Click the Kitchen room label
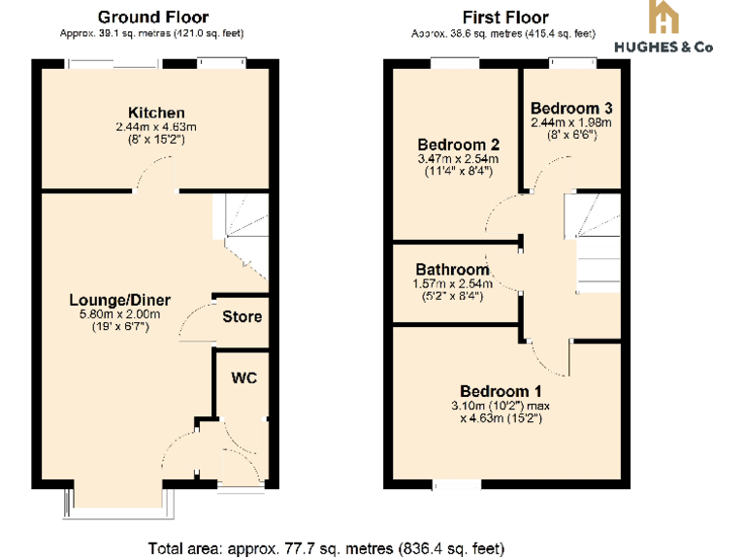(155, 113)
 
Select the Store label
(242, 316)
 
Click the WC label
(243, 378)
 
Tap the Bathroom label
(452, 269)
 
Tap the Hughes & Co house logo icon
(664, 18)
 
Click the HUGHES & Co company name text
(664, 47)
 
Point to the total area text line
(326, 547)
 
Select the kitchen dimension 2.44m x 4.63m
(155, 127)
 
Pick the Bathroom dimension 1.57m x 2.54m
(452, 283)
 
